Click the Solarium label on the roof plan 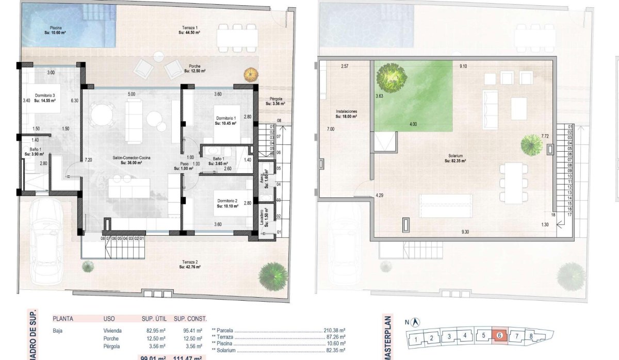click(455, 158)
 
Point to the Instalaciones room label click(346, 113)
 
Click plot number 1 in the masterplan click(416, 339)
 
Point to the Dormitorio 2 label click(227, 203)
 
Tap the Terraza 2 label click(189, 264)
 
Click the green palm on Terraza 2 click(273, 275)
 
